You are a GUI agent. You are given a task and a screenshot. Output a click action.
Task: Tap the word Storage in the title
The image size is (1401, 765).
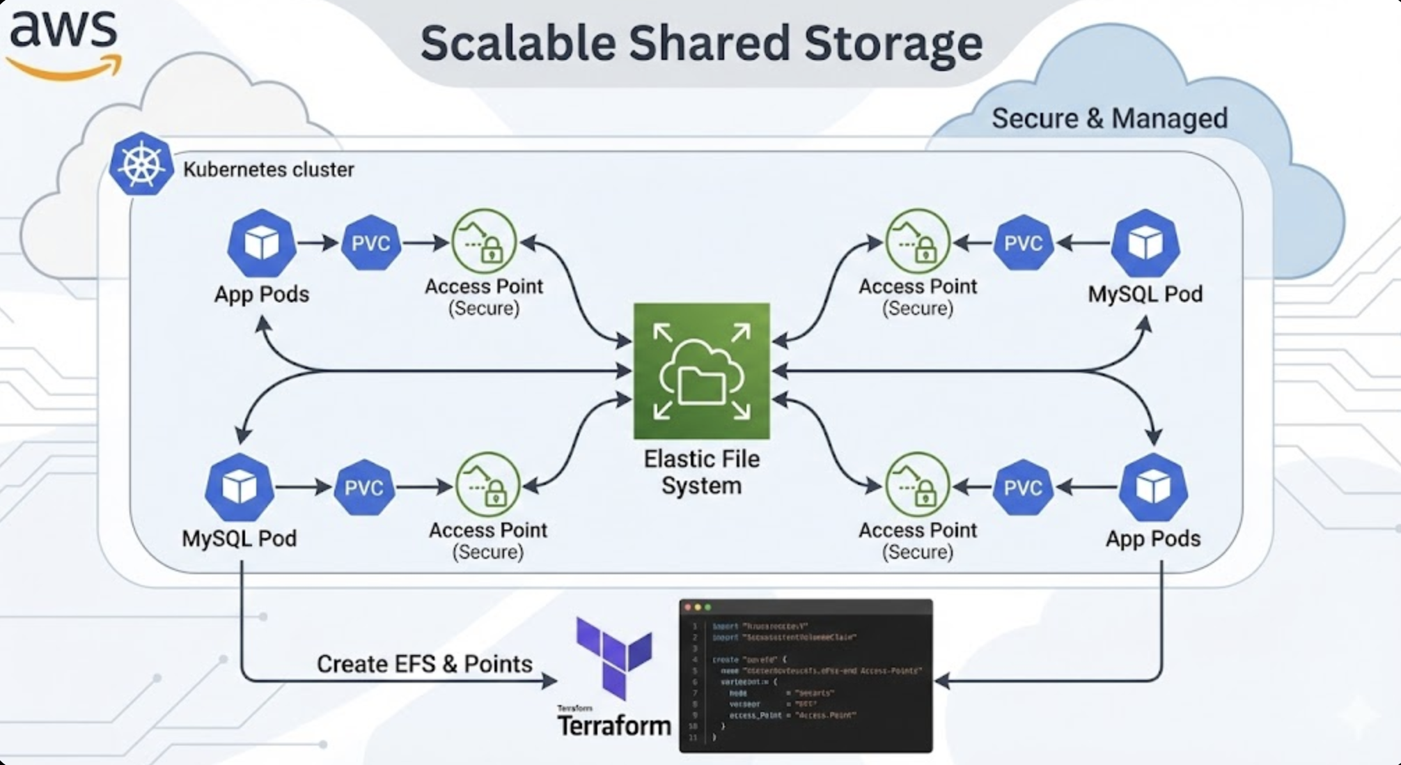[893, 43]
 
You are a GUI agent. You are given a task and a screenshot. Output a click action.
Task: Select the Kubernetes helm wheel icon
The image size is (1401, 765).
[141, 164]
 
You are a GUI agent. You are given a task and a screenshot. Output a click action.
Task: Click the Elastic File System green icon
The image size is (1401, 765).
[701, 371]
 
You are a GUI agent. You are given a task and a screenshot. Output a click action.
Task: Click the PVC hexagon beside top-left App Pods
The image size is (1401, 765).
[370, 243]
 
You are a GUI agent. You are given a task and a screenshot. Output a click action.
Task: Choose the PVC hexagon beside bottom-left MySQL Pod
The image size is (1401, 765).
[363, 487]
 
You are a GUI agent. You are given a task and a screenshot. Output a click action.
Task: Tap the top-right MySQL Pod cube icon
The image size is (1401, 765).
[1145, 243]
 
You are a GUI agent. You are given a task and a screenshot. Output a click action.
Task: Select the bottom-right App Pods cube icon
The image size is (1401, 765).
[1153, 487]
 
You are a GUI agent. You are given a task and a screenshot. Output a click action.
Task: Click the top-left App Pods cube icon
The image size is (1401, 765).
[262, 243]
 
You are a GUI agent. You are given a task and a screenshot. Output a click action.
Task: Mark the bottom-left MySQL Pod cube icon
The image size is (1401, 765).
[239, 487]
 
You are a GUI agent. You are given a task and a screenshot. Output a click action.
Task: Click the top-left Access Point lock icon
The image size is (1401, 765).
[485, 242]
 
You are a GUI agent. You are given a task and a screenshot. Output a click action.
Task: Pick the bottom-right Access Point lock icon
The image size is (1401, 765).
[917, 486]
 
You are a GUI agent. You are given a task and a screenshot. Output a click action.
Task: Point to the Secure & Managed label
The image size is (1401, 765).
[1109, 118]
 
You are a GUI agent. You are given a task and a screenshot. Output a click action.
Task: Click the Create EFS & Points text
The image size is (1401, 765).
[424, 664]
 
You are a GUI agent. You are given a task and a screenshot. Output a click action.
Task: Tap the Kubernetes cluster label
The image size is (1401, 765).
[269, 169]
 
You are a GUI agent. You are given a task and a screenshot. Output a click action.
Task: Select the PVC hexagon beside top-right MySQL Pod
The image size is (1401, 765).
[1023, 243]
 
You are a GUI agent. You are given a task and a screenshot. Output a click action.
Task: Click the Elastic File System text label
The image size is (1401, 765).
[701, 472]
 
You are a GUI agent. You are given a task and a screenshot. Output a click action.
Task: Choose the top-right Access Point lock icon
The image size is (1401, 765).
[917, 242]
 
